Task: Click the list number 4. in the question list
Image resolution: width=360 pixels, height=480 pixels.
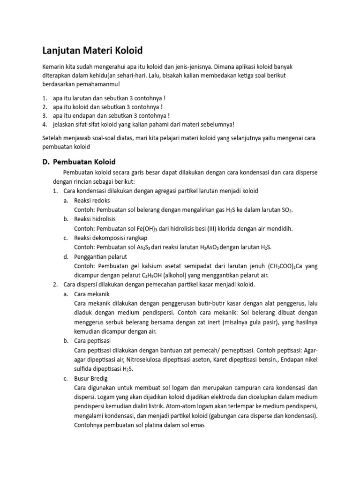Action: tap(45, 124)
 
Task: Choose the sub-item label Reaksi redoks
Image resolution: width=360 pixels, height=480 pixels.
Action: tap(92, 200)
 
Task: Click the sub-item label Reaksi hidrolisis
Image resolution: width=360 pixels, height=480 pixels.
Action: tap(95, 219)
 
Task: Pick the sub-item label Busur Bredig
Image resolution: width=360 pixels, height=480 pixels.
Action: tap(91, 378)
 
